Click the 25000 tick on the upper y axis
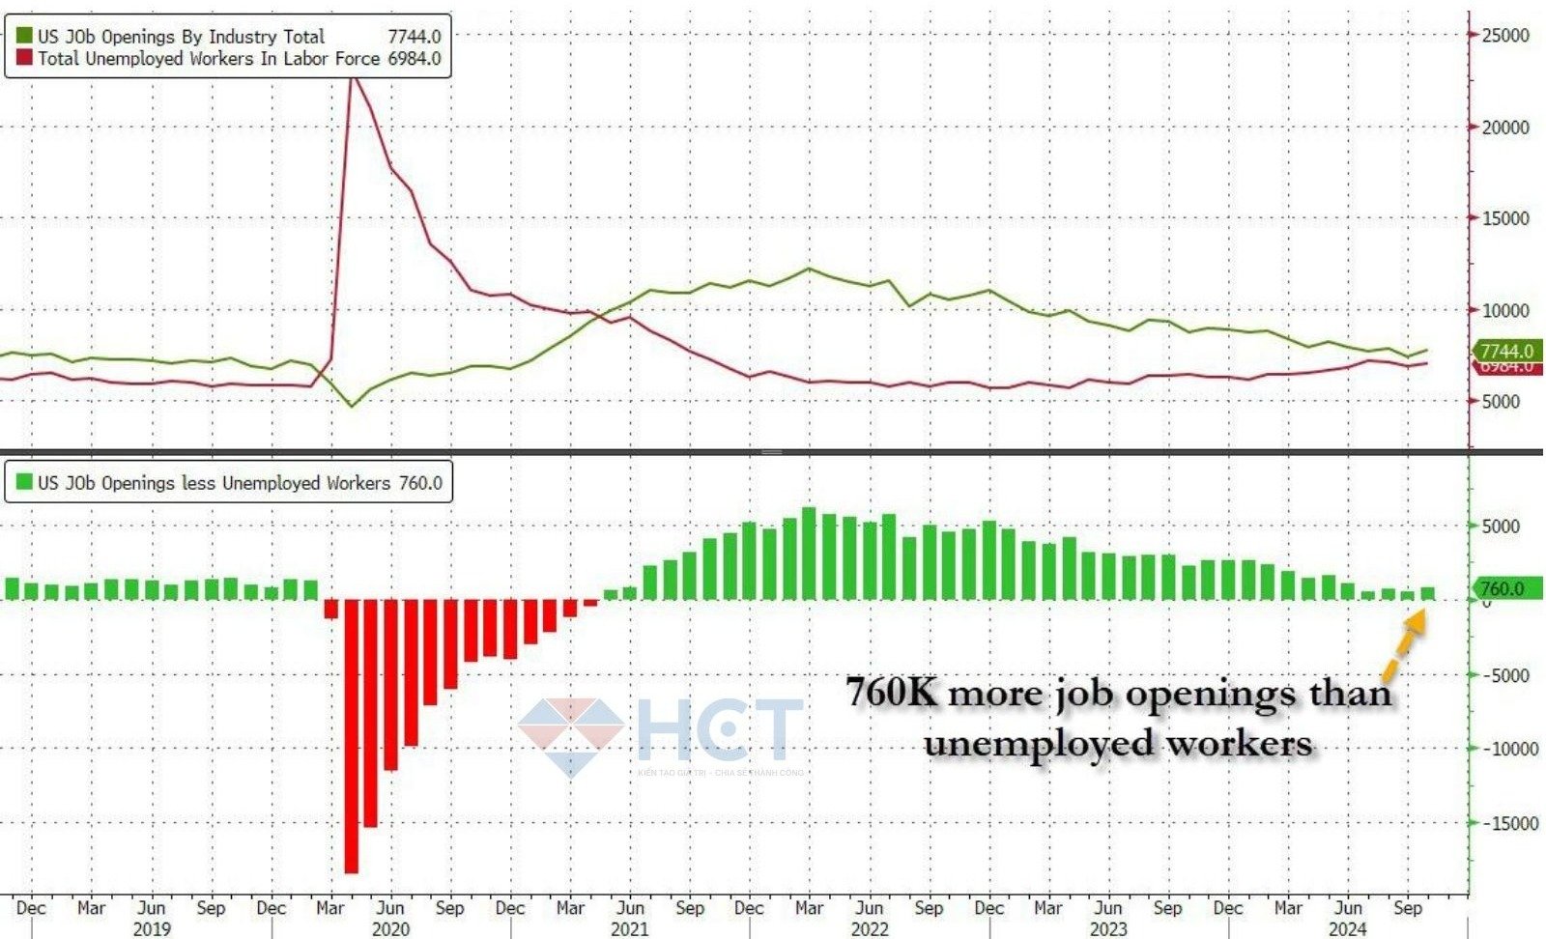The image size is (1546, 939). [x=1504, y=36]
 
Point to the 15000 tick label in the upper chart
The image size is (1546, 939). [x=1504, y=218]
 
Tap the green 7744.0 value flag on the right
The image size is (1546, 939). [x=1506, y=351]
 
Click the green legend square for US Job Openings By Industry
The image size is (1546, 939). [x=24, y=37]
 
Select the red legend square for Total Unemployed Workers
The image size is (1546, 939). [x=24, y=59]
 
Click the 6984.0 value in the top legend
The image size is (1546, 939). [x=414, y=59]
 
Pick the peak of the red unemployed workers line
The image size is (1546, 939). [x=353, y=77]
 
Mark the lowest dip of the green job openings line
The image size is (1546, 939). [x=352, y=405]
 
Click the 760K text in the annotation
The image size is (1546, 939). [x=891, y=693]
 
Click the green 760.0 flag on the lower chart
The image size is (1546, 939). [x=1503, y=588]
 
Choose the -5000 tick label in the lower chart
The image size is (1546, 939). [x=1506, y=675]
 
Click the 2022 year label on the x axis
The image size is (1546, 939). [x=869, y=928]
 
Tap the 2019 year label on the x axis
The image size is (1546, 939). [x=152, y=928]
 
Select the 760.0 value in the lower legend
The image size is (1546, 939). [x=420, y=483]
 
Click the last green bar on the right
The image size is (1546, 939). [x=1427, y=593]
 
